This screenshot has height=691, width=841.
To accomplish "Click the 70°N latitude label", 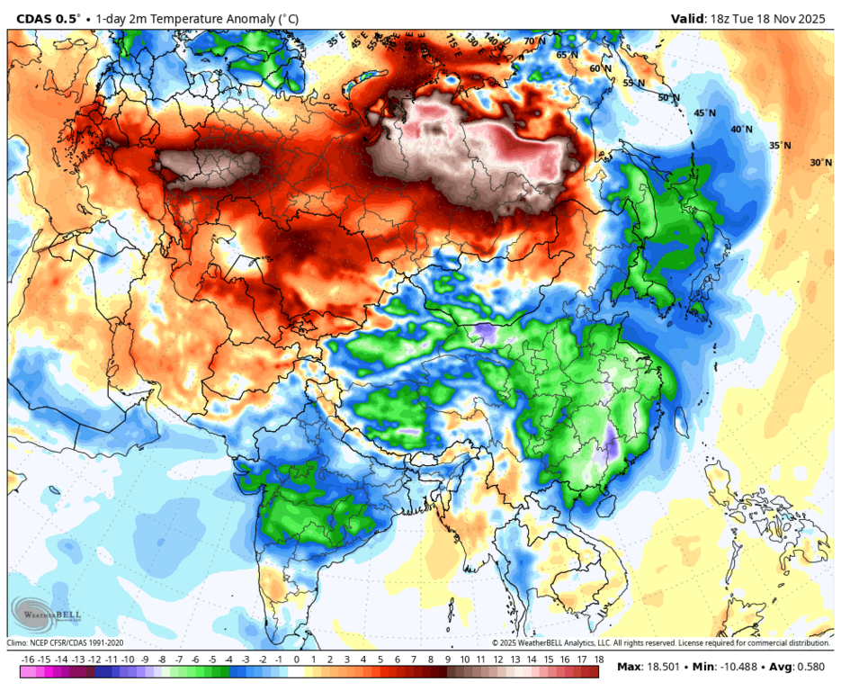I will (535, 41).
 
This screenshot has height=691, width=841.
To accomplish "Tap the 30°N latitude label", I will (820, 163).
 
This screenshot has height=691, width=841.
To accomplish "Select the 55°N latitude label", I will (634, 83).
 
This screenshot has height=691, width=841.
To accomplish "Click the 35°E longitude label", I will (336, 40).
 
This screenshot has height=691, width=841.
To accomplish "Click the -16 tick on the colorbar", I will (28, 660).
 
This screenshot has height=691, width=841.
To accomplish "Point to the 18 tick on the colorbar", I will (597, 660).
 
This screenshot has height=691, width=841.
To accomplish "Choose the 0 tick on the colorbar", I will (296, 660).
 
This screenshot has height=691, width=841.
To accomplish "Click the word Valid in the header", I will (691, 18).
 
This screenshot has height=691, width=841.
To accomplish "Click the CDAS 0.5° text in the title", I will (48, 18).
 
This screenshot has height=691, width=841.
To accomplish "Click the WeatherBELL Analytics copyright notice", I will (661, 643).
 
